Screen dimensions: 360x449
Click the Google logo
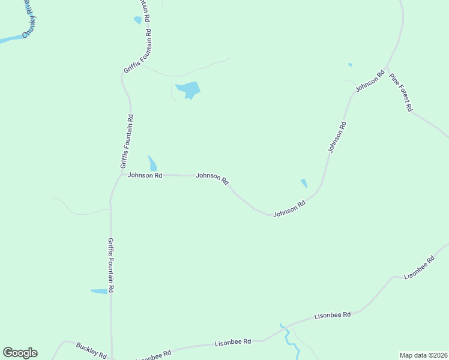pos(20,353)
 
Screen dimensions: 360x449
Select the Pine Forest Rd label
pos(401,92)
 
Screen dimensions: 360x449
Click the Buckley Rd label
pos(91,350)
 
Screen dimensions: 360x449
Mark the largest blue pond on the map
pos(188,90)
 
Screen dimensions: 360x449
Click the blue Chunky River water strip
pos(8,40)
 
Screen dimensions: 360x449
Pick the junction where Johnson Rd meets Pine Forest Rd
pos(387,67)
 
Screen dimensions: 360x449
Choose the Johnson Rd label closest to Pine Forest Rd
pos(369,81)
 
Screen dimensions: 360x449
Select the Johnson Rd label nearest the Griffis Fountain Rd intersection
pos(145,176)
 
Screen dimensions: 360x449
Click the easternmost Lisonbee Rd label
pos(419,268)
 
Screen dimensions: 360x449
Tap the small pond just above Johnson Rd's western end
pos(152,163)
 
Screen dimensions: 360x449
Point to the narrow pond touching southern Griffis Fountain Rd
pos(99,292)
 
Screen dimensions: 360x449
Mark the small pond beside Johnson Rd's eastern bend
pos(304,183)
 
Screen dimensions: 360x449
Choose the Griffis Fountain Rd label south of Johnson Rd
pos(111,265)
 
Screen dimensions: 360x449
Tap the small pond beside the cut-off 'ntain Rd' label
pos(137,20)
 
